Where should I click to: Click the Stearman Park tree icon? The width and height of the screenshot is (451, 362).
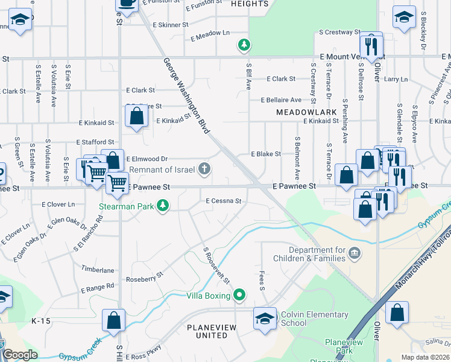[x=162, y=206]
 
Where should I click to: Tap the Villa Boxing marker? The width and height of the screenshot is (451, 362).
[x=240, y=295]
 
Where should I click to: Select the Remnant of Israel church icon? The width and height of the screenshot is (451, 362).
[x=206, y=168]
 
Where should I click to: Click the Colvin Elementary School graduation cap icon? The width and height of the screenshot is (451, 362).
[x=265, y=318]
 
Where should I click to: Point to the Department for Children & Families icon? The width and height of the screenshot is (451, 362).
[x=355, y=254]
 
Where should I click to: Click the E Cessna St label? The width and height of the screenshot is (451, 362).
[x=223, y=201]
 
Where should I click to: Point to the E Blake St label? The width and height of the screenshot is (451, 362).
[x=265, y=154]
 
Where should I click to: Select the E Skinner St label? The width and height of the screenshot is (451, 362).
[x=171, y=25]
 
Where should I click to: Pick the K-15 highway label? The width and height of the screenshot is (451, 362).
[x=42, y=321]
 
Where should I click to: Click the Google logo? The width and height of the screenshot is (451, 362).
[x=20, y=355]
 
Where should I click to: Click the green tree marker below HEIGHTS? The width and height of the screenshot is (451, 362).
[x=244, y=45]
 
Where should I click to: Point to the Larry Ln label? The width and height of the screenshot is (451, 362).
[x=396, y=79]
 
